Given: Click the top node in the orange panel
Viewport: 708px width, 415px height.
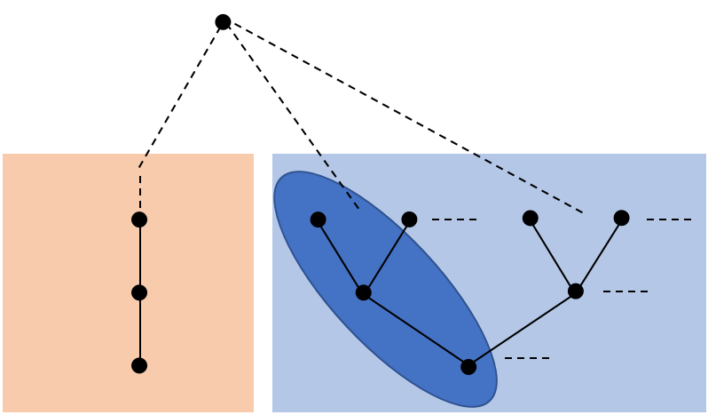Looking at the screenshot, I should coord(139,219).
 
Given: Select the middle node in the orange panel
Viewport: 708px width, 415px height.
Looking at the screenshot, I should coord(139,292).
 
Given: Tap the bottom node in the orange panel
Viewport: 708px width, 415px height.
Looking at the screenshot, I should coord(139,365).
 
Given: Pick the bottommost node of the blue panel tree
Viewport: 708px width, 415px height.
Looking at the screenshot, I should coord(468,366).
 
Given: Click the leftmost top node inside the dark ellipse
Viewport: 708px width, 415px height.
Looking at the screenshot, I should coord(318,219).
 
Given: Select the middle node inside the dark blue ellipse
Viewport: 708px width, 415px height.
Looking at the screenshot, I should coord(363,291).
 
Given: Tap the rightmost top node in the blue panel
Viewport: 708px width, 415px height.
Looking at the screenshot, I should coord(621,218).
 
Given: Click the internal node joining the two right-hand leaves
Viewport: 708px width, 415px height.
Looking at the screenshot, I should coord(575,291).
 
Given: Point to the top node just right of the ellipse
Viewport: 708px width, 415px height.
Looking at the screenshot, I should coord(409,219).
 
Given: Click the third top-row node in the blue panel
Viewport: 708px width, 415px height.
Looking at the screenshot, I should coord(530,218).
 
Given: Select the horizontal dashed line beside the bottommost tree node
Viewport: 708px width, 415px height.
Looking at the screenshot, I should coord(527,358).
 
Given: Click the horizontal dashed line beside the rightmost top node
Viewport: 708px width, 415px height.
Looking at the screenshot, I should coord(668,219).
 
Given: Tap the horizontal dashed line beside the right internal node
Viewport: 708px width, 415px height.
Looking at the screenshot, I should coord(625,291).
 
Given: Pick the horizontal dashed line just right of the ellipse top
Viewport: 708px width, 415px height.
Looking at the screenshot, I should coord(454,219).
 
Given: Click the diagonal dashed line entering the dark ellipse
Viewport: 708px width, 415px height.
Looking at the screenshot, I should coord(342,186).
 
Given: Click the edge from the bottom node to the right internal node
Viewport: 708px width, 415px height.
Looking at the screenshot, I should coord(522,329).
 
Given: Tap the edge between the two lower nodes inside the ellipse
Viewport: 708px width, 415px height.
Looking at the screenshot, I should coord(415,329).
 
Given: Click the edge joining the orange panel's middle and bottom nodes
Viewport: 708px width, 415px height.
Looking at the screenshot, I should coord(140,329).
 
